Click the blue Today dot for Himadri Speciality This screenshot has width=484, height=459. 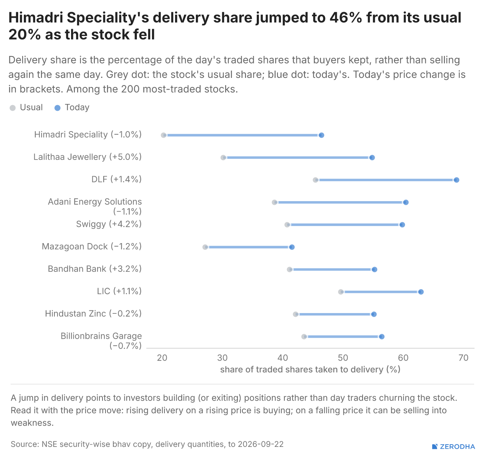[x=321, y=135]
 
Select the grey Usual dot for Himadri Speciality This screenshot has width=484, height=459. [x=163, y=135]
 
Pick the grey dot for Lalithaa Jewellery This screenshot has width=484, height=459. [x=223, y=158]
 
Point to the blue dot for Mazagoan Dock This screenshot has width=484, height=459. [x=292, y=247]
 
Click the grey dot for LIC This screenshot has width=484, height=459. [x=341, y=292]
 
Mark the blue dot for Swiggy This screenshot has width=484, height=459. [x=402, y=225]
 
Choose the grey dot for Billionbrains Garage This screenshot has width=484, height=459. [x=304, y=336]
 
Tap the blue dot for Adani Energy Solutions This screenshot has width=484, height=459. [x=406, y=202]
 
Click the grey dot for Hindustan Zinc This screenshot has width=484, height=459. [x=295, y=314]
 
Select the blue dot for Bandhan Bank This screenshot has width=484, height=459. [x=374, y=270]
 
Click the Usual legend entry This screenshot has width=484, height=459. [x=26, y=108]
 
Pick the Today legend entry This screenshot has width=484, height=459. [x=72, y=108]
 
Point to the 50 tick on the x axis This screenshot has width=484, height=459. [x=343, y=358]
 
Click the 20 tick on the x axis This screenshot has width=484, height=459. [x=162, y=358]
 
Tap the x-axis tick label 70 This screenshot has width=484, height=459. [x=463, y=358]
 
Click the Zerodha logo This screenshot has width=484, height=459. [x=453, y=447]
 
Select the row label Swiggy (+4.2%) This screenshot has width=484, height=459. [x=109, y=224]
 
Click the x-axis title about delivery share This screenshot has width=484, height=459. [x=310, y=370]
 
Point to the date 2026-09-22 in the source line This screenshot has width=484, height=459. [x=261, y=444]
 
